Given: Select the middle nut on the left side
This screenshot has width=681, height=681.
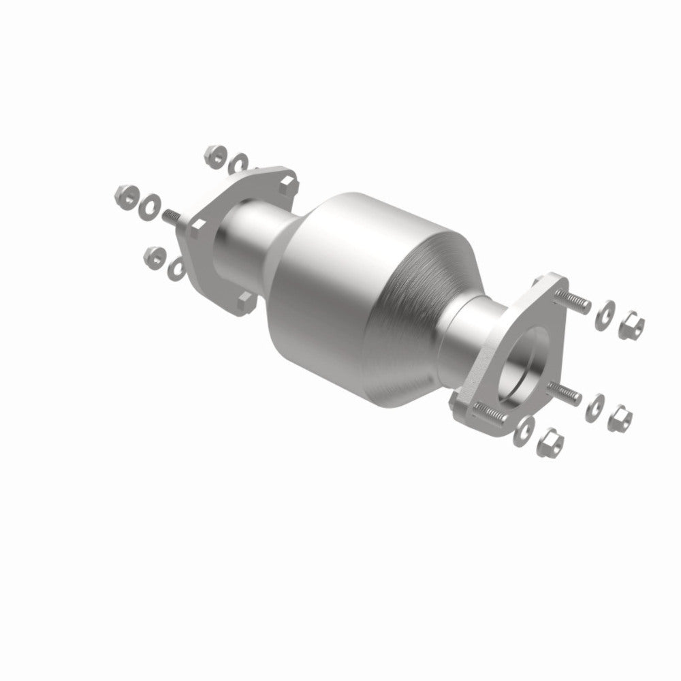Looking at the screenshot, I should (x=125, y=195).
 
